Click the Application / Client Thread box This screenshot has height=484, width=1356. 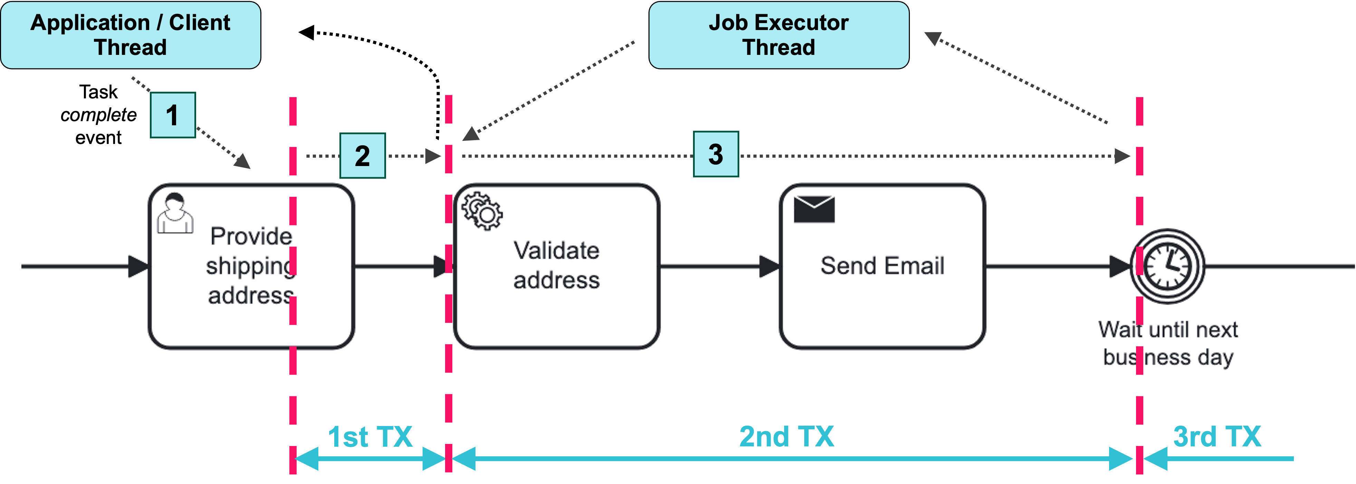pos(131,35)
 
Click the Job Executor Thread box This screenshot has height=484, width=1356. pos(779,35)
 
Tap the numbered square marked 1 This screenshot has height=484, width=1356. pos(173,115)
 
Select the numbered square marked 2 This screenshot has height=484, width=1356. pos(362,156)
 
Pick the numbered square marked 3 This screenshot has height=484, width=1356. pos(715,154)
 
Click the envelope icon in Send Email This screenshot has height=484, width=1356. pos(813,209)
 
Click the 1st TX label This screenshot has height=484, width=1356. pos(370,437)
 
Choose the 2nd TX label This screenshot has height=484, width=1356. pos(787,437)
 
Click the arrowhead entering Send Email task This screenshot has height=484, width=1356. pos(770,266)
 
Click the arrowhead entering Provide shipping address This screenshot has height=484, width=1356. pos(139,266)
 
